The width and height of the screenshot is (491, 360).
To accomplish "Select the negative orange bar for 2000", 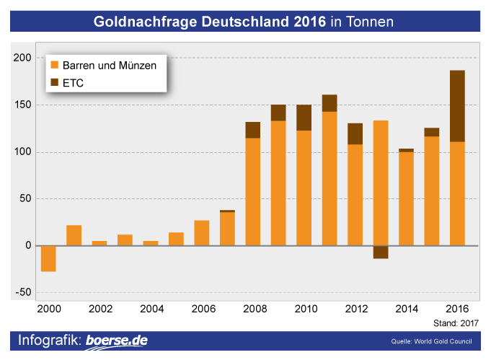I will [48, 258].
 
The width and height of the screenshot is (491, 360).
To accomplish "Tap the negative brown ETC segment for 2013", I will [381, 252].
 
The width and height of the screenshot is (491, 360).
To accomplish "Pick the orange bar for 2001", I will [74, 235].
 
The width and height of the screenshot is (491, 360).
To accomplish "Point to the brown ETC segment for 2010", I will [304, 118].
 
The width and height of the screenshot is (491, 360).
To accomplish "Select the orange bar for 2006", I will [202, 232].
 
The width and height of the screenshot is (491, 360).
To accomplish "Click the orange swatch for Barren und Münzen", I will [54, 66].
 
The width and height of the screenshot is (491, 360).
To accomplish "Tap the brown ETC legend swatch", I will [54, 83].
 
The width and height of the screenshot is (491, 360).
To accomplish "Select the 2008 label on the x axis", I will [252, 308].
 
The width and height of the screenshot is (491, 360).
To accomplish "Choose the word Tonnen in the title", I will [371, 22].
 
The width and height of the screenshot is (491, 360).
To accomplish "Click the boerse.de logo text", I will [118, 341].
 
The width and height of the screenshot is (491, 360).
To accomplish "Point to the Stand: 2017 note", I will [456, 323].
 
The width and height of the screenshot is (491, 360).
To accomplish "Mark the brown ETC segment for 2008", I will [253, 130].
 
